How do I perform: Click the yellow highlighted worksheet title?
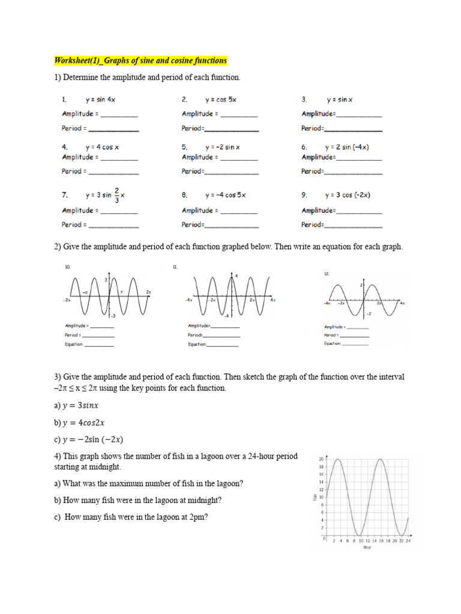[141, 61]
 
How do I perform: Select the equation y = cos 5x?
[221, 100]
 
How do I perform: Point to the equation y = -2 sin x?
[222, 146]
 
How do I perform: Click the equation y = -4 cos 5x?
[225, 195]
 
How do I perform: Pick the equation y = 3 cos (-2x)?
[348, 195]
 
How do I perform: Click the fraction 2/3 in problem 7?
[116, 195]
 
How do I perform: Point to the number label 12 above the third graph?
[327, 273]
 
